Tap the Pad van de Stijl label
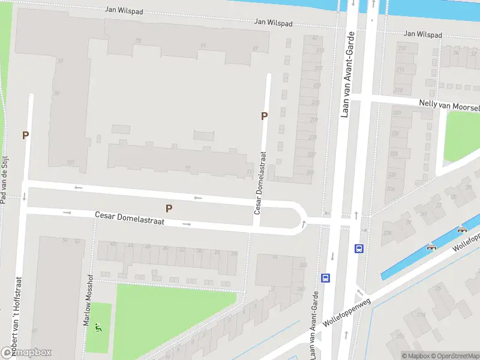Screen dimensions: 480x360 click(4, 179)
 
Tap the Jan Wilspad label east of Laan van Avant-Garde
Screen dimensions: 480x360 click(422, 35)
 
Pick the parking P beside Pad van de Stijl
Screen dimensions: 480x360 click(25, 136)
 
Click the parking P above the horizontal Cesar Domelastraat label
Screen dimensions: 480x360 click(169, 208)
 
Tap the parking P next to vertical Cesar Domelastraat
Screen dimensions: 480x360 click(264, 116)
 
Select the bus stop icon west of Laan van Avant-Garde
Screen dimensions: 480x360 click(325, 278)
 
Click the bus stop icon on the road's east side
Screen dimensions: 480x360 click(359, 248)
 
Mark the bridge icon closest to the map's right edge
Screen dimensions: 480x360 click(462, 230)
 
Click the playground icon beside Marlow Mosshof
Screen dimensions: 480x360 click(99, 328)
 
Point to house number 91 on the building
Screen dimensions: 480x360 click(203, 45)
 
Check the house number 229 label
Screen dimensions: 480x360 click(313, 120)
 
